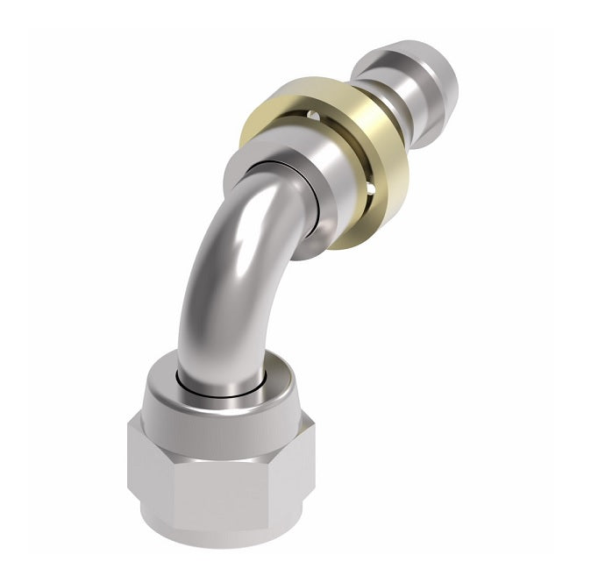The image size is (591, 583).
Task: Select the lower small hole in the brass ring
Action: [371, 187]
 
